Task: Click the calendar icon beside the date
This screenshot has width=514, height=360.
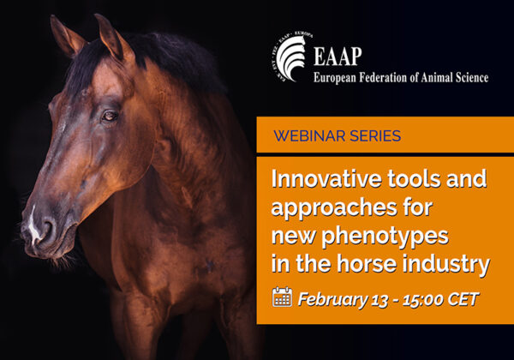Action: (x=282, y=297)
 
